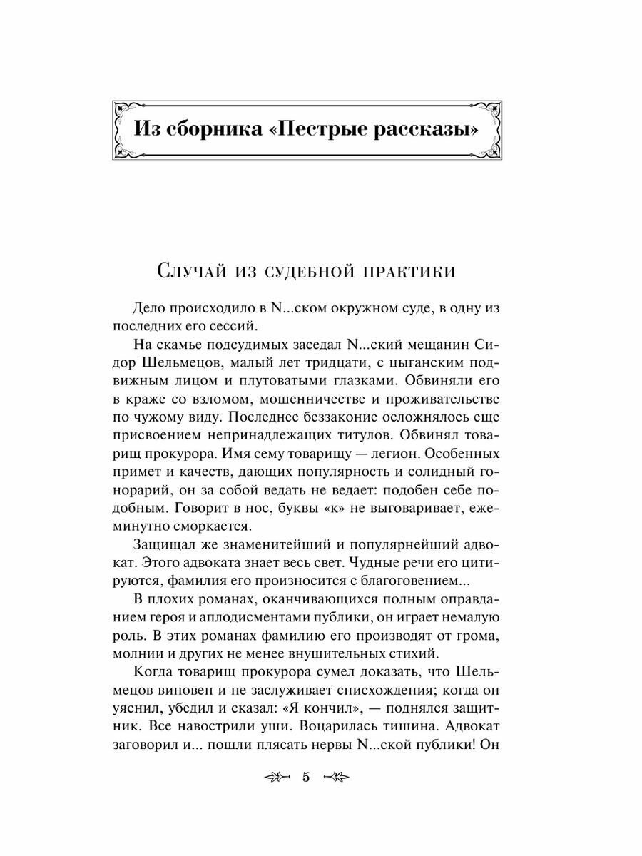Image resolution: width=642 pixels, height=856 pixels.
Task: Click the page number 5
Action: (306, 778)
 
